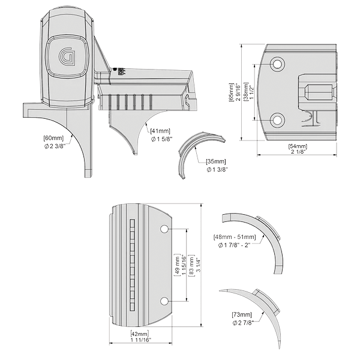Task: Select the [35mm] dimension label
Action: click(216, 161)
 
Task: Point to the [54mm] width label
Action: click(298, 147)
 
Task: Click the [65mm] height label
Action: click(232, 92)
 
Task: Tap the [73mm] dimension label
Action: click(242, 314)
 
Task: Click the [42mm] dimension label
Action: click(140, 333)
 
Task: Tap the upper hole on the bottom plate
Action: click(165, 230)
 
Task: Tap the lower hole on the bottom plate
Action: click(165, 300)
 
